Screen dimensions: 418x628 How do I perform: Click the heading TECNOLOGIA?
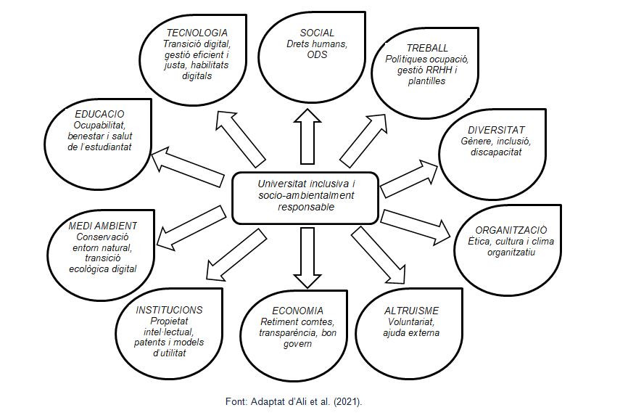(x=197, y=33)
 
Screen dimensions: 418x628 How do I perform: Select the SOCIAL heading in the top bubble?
(x=317, y=33)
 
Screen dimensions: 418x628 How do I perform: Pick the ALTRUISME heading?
(x=412, y=311)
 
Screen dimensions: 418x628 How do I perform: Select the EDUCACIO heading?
(x=99, y=114)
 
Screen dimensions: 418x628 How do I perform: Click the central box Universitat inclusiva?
(x=306, y=195)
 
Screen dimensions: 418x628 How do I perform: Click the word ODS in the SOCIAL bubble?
(x=317, y=54)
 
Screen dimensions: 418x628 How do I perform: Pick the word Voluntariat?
(x=411, y=322)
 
